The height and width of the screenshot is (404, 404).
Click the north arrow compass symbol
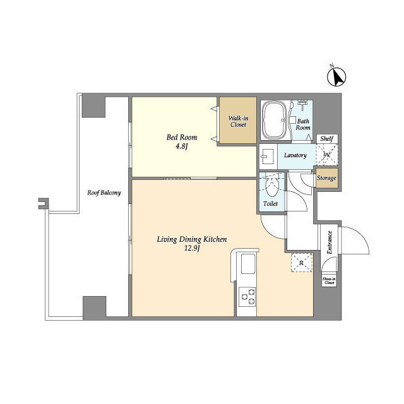[x=338, y=76]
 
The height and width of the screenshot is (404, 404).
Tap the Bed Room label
[x=182, y=138]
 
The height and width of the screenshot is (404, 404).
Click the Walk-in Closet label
[x=238, y=121]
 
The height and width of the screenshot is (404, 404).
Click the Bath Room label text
[x=304, y=124]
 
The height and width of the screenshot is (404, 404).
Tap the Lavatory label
[x=295, y=155]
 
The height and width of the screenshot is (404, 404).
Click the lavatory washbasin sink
[x=267, y=155]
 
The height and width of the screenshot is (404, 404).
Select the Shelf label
[x=326, y=139]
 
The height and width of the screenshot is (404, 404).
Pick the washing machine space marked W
[x=326, y=155]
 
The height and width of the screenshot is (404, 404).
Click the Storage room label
[x=326, y=178]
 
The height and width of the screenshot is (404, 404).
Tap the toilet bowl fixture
[x=272, y=187]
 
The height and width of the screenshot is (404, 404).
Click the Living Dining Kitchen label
[x=191, y=239]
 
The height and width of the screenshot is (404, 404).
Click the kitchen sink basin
[x=246, y=264]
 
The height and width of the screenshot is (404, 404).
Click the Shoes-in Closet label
[x=329, y=280]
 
